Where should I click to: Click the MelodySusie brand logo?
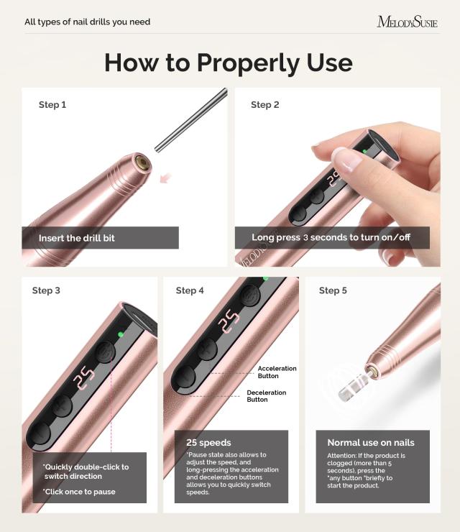click(407, 22)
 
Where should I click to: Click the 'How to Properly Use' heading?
click(229, 63)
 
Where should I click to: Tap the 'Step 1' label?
click(52, 105)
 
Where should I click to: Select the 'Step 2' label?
click(265, 105)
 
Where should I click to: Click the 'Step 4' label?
click(190, 290)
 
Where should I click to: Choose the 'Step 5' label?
click(333, 290)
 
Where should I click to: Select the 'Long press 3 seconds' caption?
click(331, 237)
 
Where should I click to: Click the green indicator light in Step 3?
click(121, 334)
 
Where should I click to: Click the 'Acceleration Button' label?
click(277, 372)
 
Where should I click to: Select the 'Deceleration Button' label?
click(267, 396)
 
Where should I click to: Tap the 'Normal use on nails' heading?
click(371, 443)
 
